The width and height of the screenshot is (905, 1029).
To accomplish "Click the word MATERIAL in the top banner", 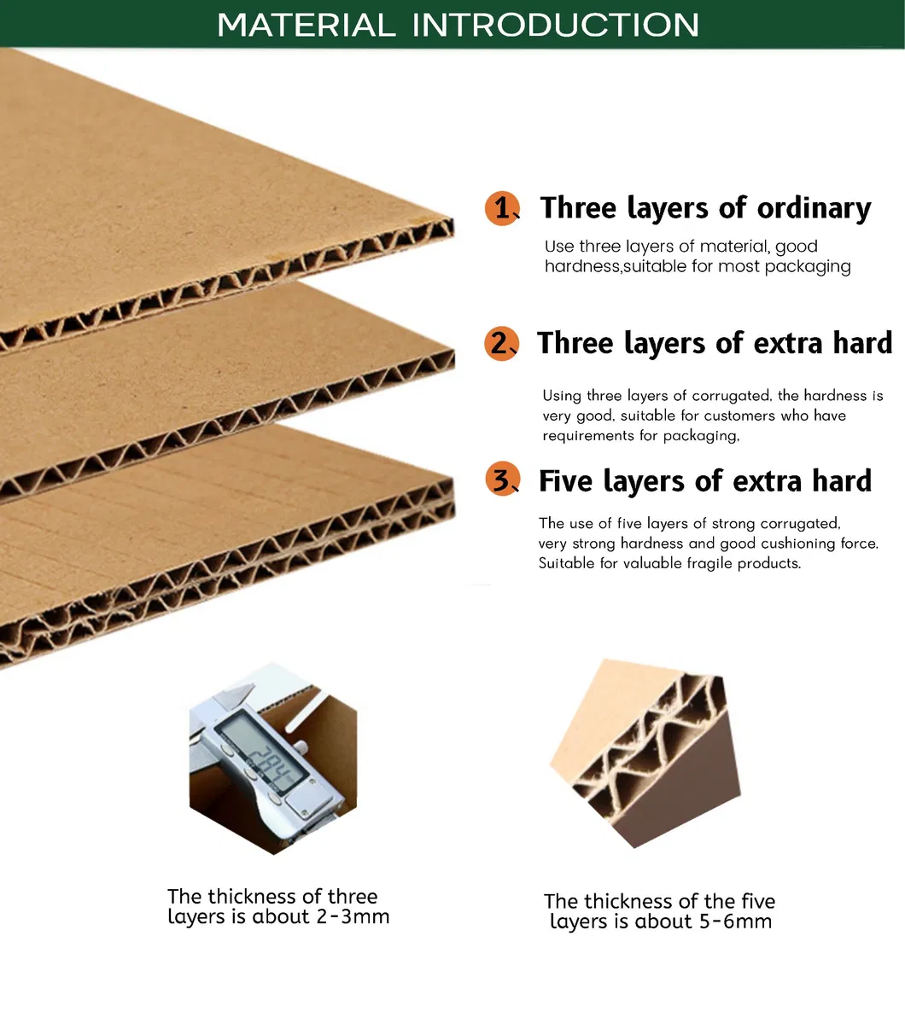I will pos(307,25).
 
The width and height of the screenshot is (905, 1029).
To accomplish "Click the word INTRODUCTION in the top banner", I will pos(555,25).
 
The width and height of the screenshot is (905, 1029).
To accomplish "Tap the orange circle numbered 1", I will pos(502,208).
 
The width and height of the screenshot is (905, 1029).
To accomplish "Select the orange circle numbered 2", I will pos(501,344).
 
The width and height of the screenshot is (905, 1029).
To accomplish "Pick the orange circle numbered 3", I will pos(502,480).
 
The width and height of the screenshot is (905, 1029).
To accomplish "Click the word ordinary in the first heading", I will pos(814,209).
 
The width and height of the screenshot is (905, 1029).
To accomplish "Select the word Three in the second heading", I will pos(575,344).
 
